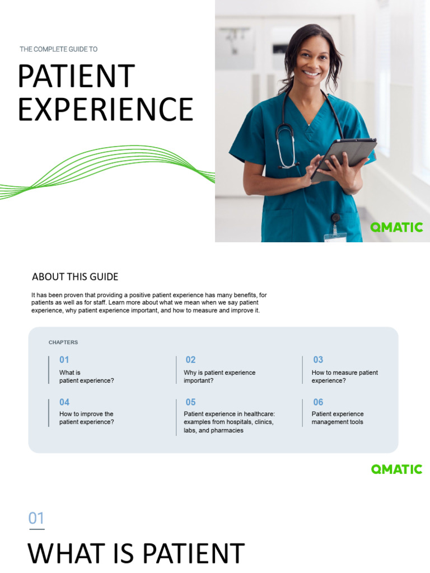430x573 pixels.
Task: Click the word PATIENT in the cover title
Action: pos(76,77)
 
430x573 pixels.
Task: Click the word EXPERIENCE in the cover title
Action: pos(105,110)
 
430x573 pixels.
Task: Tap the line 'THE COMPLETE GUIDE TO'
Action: pos(59,49)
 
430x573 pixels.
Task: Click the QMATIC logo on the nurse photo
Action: pos(396,227)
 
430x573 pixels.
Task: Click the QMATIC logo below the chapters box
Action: pos(396,469)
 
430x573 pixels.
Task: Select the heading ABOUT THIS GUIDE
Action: pos(75,277)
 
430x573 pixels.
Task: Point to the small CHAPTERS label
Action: pos(63,342)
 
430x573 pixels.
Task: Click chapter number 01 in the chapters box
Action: pos(64,360)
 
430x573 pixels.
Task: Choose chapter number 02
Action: pos(190,360)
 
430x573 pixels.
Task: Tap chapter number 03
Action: pos(318,360)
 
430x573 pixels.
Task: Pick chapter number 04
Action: pos(64,402)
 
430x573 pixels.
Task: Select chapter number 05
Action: pos(191,402)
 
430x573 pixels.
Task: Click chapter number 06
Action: pos(318,402)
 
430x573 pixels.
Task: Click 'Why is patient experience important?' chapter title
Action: pos(219,377)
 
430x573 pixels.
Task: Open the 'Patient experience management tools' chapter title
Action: pos(338,418)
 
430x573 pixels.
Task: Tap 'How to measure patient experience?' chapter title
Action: pos(344,377)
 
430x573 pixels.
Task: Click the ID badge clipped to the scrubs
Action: pos(335,235)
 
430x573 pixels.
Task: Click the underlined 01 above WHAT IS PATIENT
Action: pos(36,519)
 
